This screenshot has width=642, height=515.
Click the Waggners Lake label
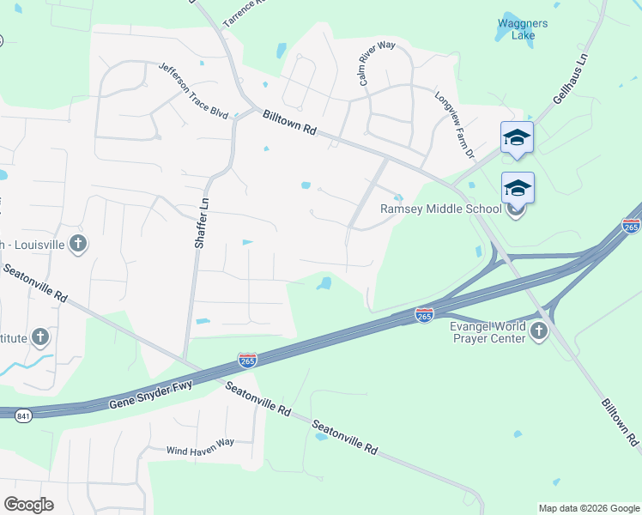[x=517, y=29]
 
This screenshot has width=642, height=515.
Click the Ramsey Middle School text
[x=441, y=209]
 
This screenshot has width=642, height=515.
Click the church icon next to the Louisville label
[x=77, y=243]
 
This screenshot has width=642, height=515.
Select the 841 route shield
[x=22, y=415]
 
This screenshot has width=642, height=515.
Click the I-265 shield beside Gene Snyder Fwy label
[x=247, y=360]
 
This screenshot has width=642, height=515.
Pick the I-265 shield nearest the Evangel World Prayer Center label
[x=424, y=315]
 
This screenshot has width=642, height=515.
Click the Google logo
[x=28, y=504]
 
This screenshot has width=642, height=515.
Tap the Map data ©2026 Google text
[x=588, y=508]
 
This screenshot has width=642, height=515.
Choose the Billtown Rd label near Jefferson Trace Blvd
[x=290, y=124]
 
